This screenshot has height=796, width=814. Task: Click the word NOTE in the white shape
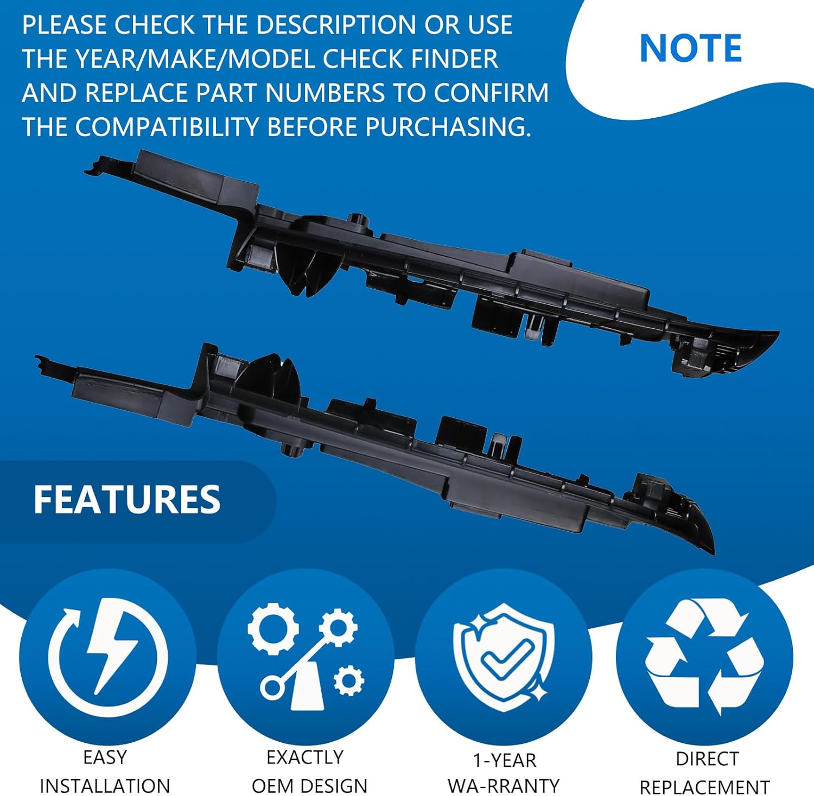click(690, 48)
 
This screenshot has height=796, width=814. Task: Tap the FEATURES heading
click(127, 500)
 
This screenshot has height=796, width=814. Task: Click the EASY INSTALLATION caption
click(105, 771)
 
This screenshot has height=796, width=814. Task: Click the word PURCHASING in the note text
click(448, 127)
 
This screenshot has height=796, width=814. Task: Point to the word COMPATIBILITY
click(167, 127)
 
